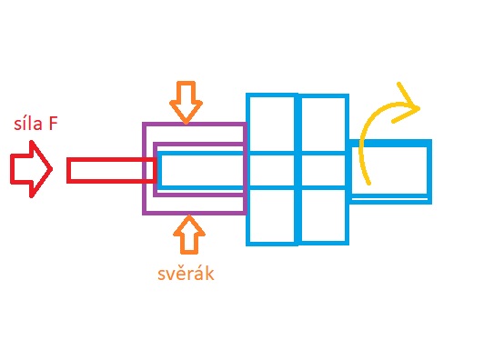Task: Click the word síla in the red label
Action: (x=28, y=124)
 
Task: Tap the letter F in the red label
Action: (x=53, y=124)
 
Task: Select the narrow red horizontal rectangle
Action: (x=111, y=170)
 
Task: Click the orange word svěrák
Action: (x=186, y=274)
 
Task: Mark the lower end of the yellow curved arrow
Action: (x=369, y=184)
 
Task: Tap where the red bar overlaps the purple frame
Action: (x=149, y=170)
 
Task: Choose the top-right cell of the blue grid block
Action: (x=323, y=125)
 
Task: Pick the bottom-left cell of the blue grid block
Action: (x=272, y=215)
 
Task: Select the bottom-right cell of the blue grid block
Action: (x=323, y=215)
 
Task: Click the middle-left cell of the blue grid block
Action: (x=272, y=171)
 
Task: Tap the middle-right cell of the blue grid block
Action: (x=323, y=171)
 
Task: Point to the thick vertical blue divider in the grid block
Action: (x=298, y=170)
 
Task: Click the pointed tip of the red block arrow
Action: (x=53, y=168)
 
